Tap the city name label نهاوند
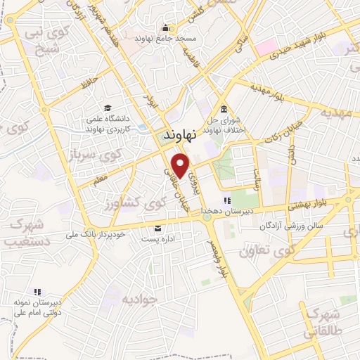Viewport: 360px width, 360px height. (x=180, y=134)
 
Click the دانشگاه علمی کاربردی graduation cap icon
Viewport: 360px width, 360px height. (x=108, y=108)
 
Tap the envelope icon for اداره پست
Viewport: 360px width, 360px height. (x=157, y=228)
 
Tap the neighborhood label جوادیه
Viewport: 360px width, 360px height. (x=136, y=299)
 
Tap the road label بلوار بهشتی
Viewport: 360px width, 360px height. (x=307, y=202)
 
